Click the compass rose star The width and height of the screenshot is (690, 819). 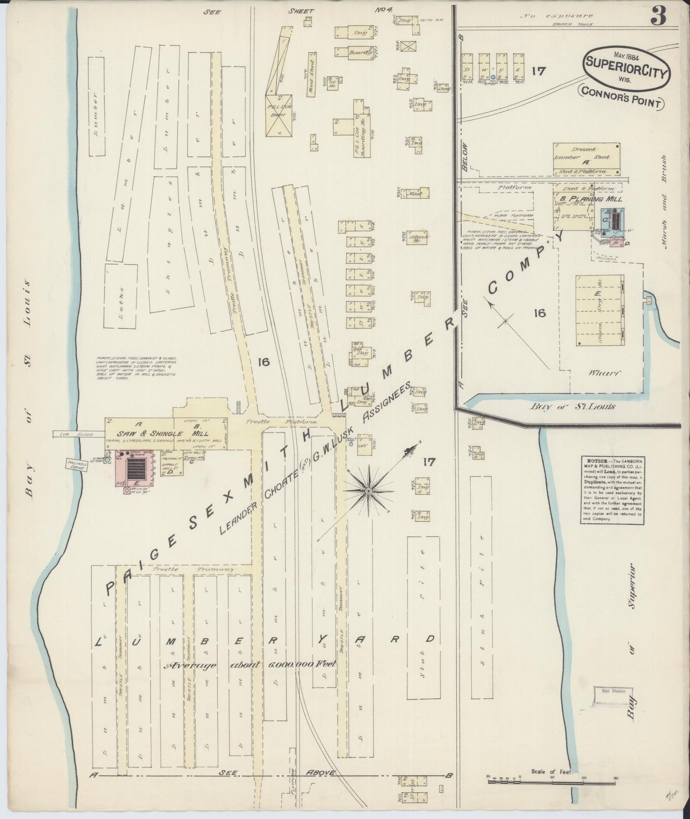(x=369, y=491)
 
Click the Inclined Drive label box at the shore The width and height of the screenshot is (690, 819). (x=76, y=465)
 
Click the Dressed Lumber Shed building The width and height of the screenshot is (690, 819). (x=587, y=159)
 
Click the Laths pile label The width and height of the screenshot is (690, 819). (x=121, y=295)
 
